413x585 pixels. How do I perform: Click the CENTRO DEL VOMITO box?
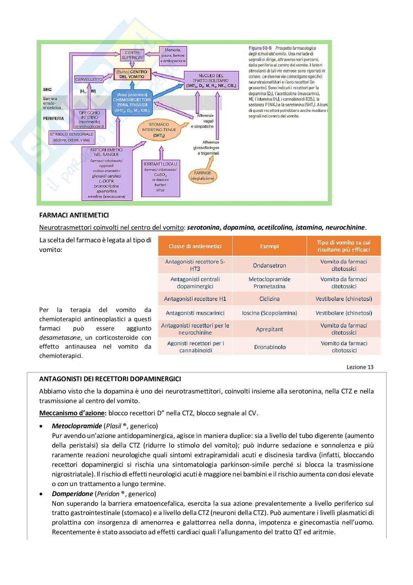pyautogui.click(x=132, y=74)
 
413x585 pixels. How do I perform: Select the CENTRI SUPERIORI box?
pyautogui.click(x=132, y=55)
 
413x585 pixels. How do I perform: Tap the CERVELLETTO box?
pyautogui.click(x=89, y=79)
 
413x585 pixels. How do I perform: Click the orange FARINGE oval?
pyautogui.click(x=202, y=175)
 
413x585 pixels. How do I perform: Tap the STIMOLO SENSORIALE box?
pyautogui.click(x=72, y=137)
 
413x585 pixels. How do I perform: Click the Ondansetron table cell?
pyautogui.click(x=269, y=265)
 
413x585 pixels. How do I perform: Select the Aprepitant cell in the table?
pyautogui.click(x=269, y=329)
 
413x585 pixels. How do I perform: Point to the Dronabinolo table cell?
pyautogui.click(x=269, y=347)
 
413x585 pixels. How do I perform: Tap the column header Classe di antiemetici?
pyautogui.click(x=195, y=246)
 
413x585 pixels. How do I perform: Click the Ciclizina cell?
pyautogui.click(x=269, y=299)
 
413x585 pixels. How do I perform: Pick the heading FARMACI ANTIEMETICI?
pyautogui.click(x=74, y=215)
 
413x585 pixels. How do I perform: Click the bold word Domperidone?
pyautogui.click(x=73, y=493)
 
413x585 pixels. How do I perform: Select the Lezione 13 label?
pyautogui.click(x=360, y=367)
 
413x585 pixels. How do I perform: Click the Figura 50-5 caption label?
pyautogui.click(x=260, y=48)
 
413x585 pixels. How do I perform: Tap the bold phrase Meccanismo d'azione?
pyautogui.click(x=73, y=413)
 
